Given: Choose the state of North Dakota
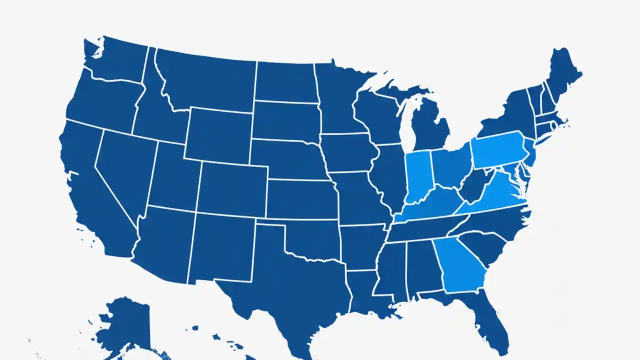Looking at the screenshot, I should tap(285, 82).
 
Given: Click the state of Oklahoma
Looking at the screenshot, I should tap(310, 240).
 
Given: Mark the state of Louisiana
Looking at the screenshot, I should tap(367, 295).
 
